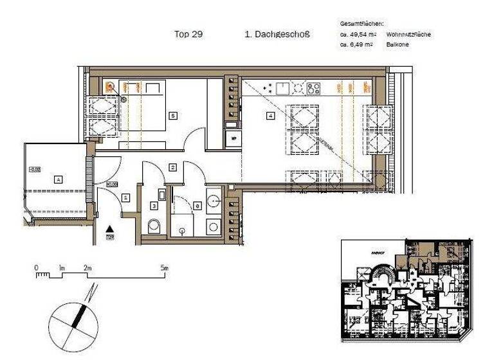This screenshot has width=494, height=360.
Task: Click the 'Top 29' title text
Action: [x=188, y=35]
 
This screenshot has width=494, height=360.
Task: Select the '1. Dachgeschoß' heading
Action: [x=277, y=35]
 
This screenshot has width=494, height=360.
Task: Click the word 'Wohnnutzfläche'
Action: [x=408, y=34]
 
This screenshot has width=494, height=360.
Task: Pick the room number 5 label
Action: [x=172, y=116]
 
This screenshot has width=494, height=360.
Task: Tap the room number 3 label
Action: [x=154, y=206]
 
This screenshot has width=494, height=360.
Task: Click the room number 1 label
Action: [x=125, y=198]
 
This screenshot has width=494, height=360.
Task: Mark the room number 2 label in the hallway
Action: [x=172, y=168]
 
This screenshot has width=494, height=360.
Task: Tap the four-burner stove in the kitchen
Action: [x=314, y=88]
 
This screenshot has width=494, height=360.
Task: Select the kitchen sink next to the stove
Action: [x=298, y=88]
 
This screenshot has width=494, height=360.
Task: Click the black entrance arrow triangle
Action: [x=111, y=228]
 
